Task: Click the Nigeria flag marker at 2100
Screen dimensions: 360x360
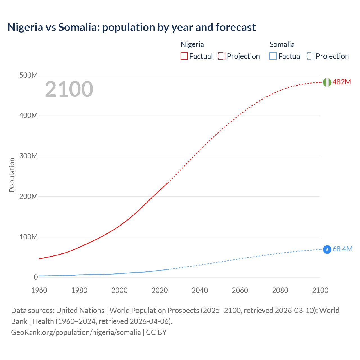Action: coord(327,82)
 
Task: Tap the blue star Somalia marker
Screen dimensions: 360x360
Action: coord(327,249)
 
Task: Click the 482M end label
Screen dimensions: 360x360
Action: coord(342,82)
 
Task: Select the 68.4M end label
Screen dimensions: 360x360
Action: coord(342,249)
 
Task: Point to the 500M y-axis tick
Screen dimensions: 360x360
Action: coord(28,75)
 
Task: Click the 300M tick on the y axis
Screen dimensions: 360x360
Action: coord(28,156)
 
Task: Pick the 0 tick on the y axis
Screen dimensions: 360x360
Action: coord(36,277)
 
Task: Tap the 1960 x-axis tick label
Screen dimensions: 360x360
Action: coord(39,290)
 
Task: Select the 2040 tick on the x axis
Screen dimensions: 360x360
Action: coord(200,290)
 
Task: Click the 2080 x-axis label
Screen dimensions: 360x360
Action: coord(280,290)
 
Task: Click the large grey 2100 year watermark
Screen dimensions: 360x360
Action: coord(69,89)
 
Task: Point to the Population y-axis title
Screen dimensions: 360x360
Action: coord(12,175)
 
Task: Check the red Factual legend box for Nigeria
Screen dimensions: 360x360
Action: coord(184,56)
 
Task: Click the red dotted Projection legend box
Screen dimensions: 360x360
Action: coord(222,56)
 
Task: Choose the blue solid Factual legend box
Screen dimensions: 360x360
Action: coord(273,56)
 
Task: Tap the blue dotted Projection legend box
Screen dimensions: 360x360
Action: coord(310,56)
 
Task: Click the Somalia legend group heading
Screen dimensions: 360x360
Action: coord(282,44)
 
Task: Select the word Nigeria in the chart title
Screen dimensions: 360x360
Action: coord(25,27)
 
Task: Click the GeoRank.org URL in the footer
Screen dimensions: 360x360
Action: coord(76,332)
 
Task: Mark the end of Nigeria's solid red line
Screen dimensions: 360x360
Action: coord(168,183)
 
